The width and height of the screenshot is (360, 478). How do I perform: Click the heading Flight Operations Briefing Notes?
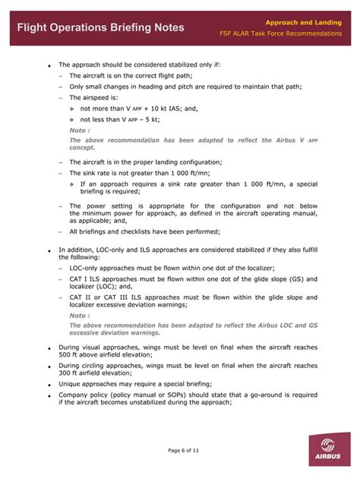(100, 27)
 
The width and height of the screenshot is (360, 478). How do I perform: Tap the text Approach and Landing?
(308, 22)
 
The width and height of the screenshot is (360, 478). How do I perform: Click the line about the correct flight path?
(131, 76)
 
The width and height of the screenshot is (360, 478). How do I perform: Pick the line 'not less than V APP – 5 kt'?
(120, 119)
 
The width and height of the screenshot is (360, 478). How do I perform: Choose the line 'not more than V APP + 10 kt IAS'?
(134, 108)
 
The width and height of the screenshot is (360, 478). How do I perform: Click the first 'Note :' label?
(80, 130)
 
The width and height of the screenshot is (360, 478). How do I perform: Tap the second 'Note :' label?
(80, 315)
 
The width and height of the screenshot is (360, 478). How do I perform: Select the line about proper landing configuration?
(145, 162)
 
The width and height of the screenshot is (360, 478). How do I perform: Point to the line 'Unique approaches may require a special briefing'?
(135, 384)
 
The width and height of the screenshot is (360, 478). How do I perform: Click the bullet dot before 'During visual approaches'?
(49, 348)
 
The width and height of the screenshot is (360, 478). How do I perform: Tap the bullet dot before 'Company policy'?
(49, 396)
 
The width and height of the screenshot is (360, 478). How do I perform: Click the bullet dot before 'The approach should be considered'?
(49, 66)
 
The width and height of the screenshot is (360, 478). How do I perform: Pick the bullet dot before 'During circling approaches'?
(49, 366)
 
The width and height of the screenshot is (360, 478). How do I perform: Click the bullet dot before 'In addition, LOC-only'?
(49, 250)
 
